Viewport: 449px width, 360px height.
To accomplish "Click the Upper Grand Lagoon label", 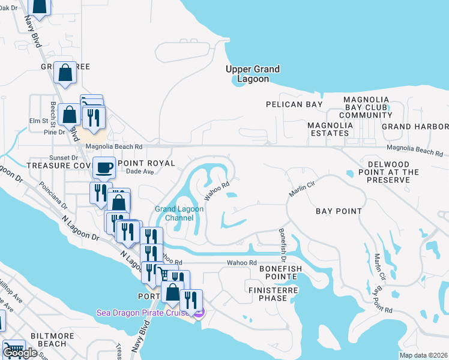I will (252, 74).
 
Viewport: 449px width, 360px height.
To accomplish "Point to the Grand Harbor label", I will (415, 127).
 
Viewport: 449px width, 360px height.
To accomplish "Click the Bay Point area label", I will (339, 211).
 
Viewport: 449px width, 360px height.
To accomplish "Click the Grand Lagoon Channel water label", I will (179, 213).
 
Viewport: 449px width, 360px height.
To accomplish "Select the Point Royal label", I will (146, 163).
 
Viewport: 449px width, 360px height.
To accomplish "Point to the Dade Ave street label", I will (140, 172).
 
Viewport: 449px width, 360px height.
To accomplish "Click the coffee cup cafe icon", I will (105, 167).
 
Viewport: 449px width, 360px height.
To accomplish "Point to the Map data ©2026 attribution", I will (423, 355).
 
